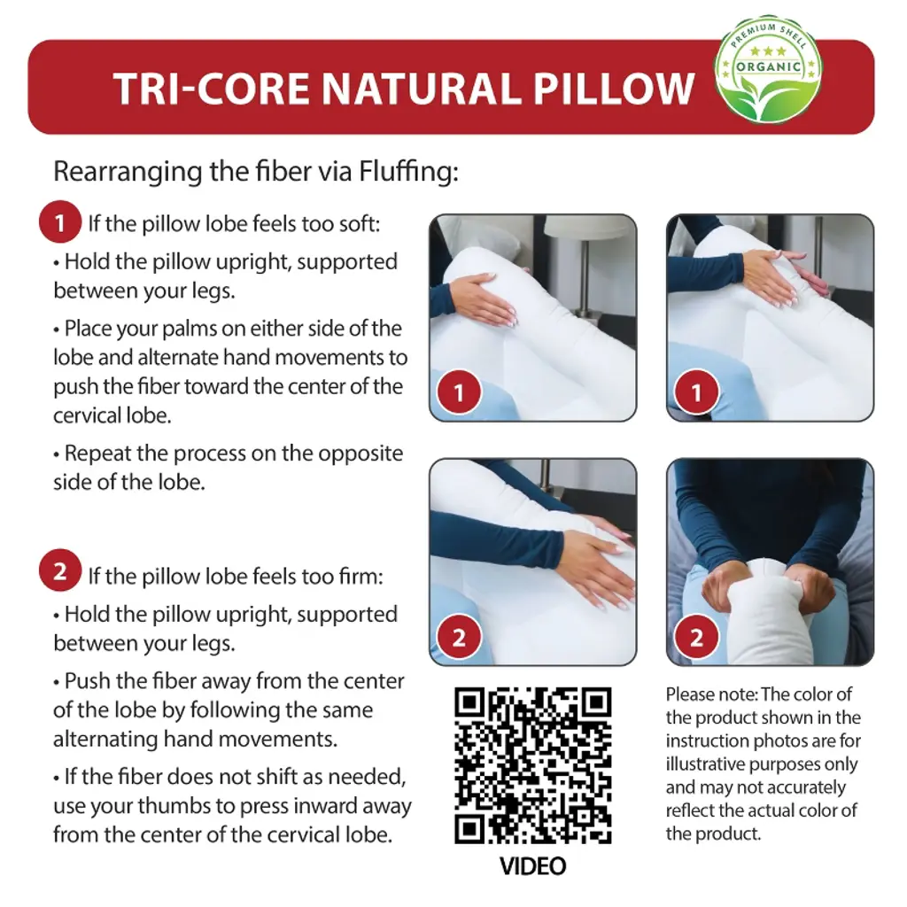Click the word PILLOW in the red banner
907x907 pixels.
[613, 89]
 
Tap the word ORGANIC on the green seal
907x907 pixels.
[768, 67]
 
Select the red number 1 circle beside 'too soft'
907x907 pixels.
[59, 222]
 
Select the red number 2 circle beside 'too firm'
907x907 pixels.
[59, 570]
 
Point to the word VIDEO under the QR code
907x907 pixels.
[532, 866]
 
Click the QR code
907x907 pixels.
[532, 765]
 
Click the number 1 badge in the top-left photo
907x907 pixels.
[460, 392]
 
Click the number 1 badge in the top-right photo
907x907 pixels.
[696, 392]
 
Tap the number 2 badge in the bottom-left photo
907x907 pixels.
[460, 637]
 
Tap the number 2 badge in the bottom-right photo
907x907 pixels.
[696, 637]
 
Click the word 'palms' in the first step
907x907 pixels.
[189, 329]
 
